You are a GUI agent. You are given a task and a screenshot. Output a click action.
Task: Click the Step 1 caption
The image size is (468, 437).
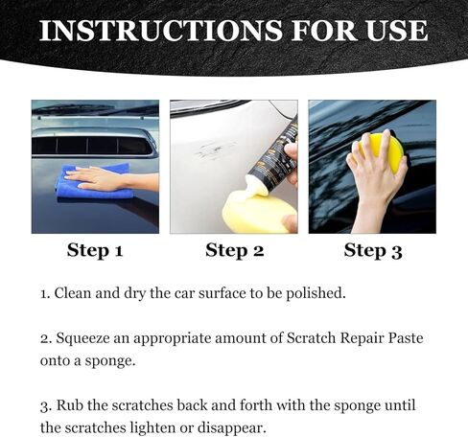point(95,251)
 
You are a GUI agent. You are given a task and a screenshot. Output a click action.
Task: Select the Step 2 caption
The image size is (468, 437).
point(234,251)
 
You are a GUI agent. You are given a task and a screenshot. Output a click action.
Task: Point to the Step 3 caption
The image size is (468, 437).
point(373,251)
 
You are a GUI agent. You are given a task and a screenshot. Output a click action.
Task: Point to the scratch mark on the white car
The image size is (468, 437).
point(214,149)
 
